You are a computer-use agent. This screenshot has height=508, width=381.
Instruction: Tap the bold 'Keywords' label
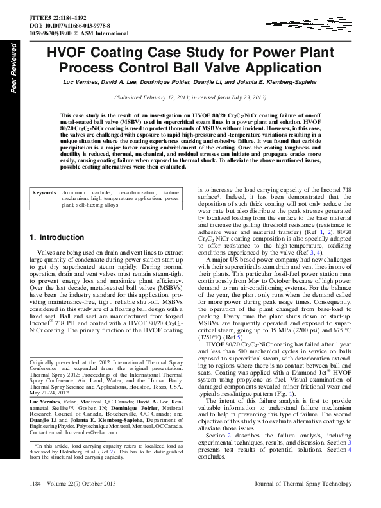point(44,192)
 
